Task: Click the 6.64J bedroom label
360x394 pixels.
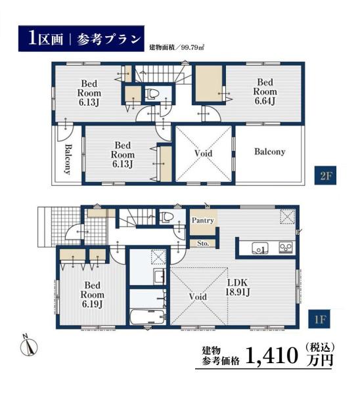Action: click(x=265, y=92)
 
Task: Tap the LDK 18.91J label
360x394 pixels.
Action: click(x=238, y=287)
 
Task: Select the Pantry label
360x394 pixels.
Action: click(x=202, y=221)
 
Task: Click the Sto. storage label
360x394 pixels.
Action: click(x=203, y=244)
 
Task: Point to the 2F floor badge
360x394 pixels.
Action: click(x=325, y=176)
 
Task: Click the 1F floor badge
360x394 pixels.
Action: click(x=320, y=320)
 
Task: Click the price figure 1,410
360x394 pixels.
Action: click(x=271, y=355)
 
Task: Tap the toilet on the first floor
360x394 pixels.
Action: click(x=166, y=217)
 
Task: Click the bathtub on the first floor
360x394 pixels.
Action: click(x=148, y=317)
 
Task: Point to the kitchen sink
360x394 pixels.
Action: click(x=260, y=248)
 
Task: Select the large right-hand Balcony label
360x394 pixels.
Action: click(x=270, y=152)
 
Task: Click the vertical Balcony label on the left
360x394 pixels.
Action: click(x=68, y=159)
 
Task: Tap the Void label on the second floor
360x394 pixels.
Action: click(x=204, y=153)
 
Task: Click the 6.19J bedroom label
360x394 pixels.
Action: click(x=92, y=295)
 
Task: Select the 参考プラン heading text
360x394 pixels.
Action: click(x=108, y=39)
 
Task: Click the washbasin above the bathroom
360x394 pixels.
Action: click(x=159, y=276)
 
